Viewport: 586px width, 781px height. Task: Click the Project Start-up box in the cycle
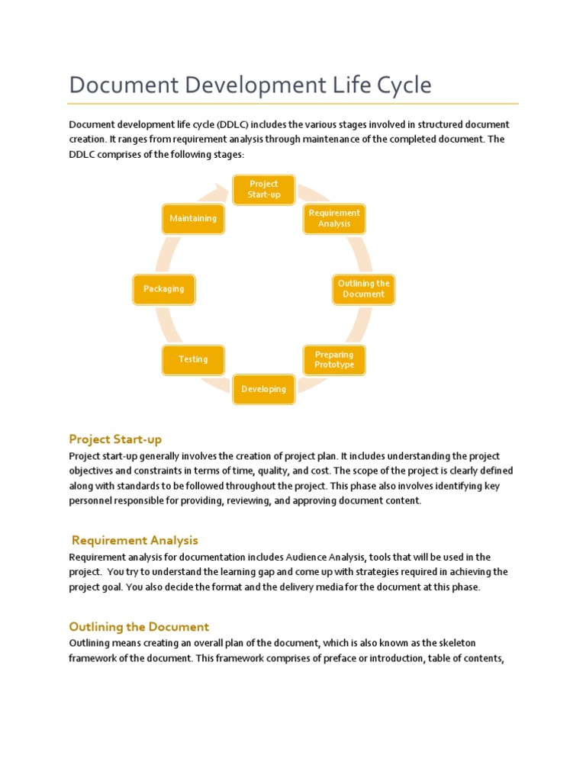tap(264, 189)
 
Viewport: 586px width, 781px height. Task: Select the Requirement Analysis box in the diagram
tap(335, 219)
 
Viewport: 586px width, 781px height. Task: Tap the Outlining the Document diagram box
tap(364, 289)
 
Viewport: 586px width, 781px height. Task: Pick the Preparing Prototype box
tap(334, 360)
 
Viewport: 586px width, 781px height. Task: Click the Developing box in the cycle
tap(264, 389)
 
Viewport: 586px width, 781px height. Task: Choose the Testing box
tap(193, 360)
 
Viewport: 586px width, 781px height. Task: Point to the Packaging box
tap(164, 289)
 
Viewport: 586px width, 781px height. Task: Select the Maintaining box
tap(193, 219)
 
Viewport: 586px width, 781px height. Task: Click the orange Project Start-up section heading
tap(115, 439)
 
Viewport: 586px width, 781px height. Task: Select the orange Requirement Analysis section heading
tap(135, 541)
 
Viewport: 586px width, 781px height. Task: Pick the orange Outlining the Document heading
tap(139, 627)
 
